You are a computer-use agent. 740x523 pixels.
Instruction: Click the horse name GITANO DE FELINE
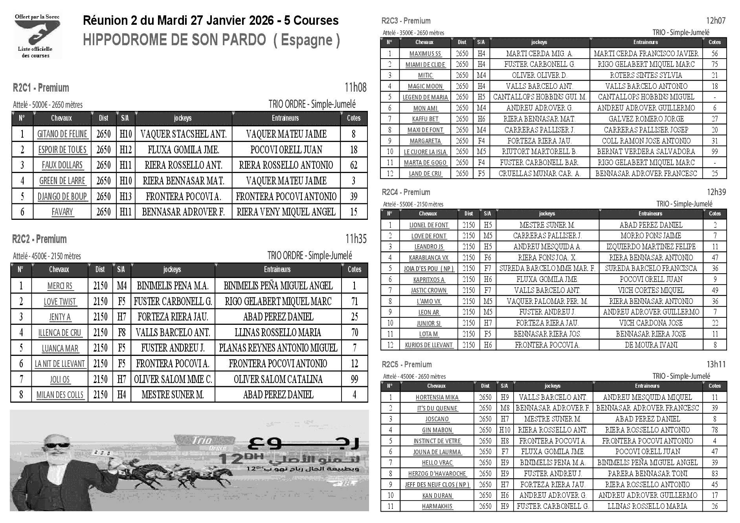click(62, 134)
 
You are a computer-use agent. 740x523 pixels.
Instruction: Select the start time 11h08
click(355, 87)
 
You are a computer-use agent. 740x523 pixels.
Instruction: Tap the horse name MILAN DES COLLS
click(60, 395)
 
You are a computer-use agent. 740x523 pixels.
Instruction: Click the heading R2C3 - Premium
click(406, 21)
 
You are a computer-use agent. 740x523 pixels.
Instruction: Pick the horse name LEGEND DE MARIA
click(425, 97)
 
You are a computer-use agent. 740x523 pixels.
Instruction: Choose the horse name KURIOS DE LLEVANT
click(429, 345)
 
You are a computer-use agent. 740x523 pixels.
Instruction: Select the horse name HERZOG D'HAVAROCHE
click(437, 474)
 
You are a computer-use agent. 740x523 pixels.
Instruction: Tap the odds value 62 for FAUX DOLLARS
click(354, 165)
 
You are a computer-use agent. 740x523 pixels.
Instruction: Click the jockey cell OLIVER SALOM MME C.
click(173, 379)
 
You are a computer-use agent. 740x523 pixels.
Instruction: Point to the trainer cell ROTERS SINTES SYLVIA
click(646, 75)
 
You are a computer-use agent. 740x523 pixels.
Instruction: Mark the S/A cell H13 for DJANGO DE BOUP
click(126, 196)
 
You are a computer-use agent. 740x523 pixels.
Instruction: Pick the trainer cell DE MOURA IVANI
click(651, 345)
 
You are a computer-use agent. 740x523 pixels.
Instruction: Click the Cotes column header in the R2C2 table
click(354, 269)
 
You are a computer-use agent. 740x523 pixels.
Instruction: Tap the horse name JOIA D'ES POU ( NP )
click(429, 269)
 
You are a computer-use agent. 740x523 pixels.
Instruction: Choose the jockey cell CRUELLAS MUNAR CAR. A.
click(539, 173)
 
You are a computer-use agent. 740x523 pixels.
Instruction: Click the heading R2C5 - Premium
click(407, 365)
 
